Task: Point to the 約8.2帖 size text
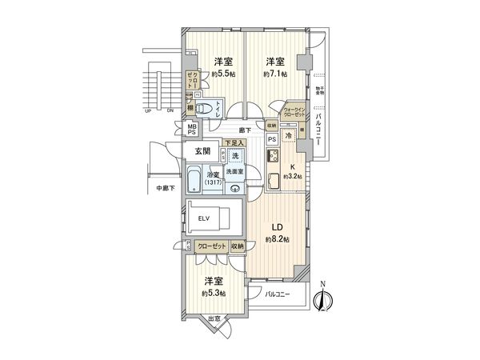(275, 239)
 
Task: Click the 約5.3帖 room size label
(212, 294)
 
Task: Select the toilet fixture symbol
(204, 110)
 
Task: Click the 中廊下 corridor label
(165, 189)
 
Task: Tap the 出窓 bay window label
(214, 322)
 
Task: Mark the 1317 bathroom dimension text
(213, 182)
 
